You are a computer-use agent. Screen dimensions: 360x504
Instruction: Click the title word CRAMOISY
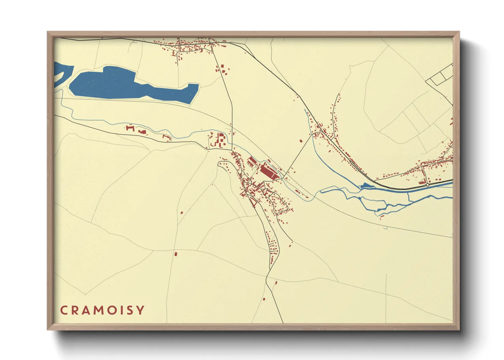coord(102,310)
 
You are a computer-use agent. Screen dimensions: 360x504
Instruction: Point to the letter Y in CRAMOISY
coord(141,310)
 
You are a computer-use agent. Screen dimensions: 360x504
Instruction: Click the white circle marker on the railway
coord(427,185)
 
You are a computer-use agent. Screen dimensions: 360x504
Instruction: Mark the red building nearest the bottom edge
coord(264,299)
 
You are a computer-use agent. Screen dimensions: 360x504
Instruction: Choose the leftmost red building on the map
coord(129,128)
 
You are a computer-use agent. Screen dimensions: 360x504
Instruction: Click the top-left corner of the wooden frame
coord(48,32)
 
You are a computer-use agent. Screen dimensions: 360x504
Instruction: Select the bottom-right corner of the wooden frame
coord(459,329)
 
